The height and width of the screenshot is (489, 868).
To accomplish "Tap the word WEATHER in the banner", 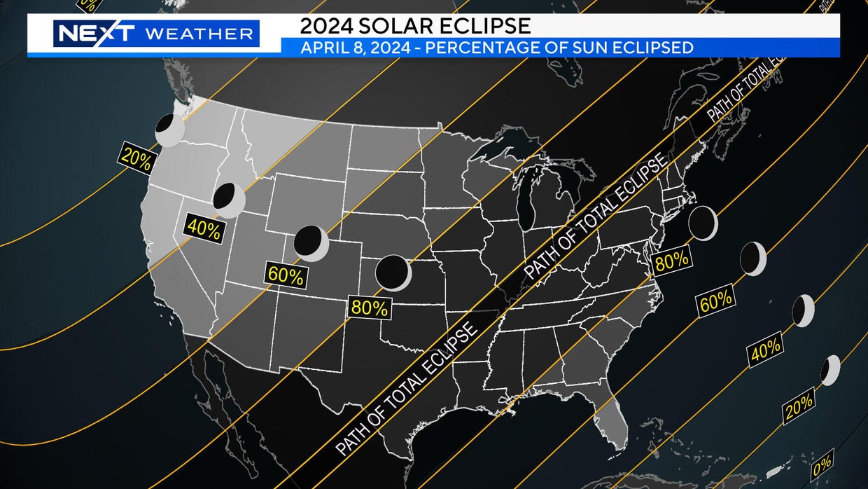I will [x=199, y=34].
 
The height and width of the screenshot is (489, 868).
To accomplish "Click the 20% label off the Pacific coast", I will [x=136, y=159].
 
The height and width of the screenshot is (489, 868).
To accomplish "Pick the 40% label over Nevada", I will [x=204, y=227].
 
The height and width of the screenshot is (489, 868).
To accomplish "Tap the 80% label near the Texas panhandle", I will [x=369, y=306].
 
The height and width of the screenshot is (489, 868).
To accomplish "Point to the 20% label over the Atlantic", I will [x=799, y=405].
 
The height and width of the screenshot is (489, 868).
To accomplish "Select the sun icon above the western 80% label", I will [x=393, y=273].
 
